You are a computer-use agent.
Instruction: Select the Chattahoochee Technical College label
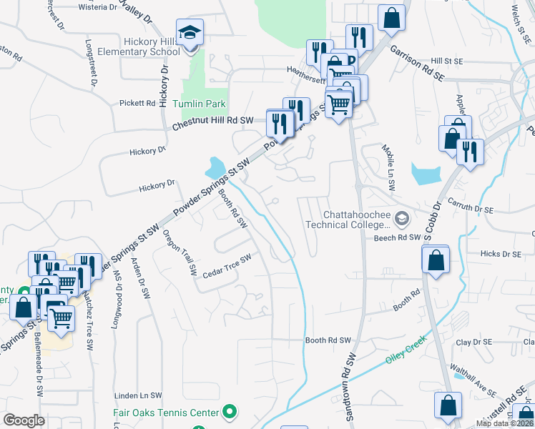tap(355, 220)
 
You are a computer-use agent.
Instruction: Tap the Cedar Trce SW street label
tap(227, 266)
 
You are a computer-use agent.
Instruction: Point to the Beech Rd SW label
tap(396, 237)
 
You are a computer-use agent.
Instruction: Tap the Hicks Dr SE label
tap(500, 254)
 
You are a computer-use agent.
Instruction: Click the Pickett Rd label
tap(137, 104)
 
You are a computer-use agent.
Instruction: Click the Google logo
tap(24, 420)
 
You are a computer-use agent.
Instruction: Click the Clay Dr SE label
tap(473, 342)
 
